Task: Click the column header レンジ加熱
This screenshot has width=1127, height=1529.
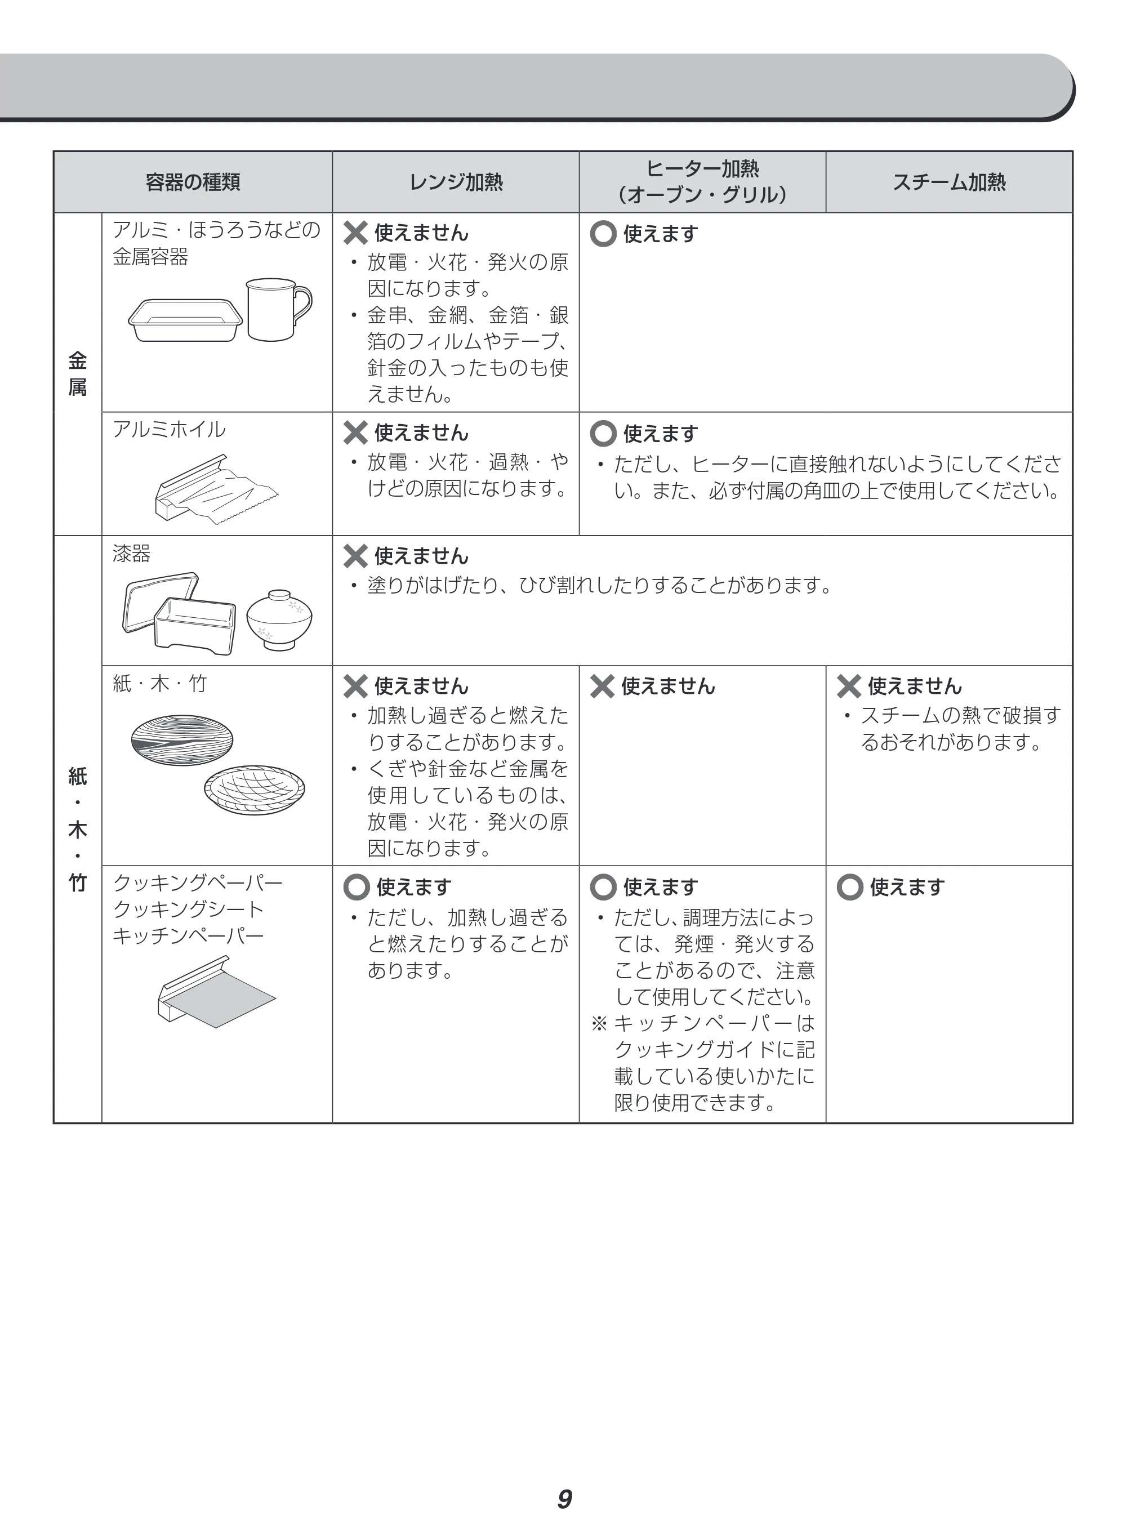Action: [x=456, y=182]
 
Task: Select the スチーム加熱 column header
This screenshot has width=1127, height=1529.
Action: [x=949, y=182]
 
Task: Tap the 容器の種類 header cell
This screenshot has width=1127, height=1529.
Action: [x=193, y=182]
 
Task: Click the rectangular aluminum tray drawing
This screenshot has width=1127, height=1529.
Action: [x=185, y=320]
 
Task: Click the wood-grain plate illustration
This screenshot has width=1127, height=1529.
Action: [x=182, y=740]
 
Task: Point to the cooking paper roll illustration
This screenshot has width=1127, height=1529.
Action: [x=216, y=992]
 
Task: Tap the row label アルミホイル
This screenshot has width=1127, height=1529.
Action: [x=169, y=430]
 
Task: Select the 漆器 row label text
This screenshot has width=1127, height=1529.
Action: [x=132, y=553]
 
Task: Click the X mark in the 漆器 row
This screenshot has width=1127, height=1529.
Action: [x=355, y=556]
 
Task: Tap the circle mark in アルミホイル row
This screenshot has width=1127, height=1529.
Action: [x=603, y=433]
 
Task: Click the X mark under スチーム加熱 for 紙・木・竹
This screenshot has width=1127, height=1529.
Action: [x=849, y=686]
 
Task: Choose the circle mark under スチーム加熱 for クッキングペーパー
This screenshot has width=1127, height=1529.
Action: [x=850, y=887]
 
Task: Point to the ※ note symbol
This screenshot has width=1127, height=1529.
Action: [x=599, y=1024]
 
